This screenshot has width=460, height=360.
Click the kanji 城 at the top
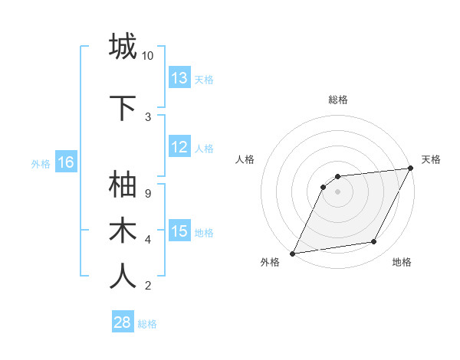[x=123, y=47]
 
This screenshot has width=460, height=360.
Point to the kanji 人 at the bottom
[x=123, y=277]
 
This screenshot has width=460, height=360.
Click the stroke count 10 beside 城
[x=148, y=56]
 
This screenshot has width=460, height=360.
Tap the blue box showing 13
[x=179, y=78]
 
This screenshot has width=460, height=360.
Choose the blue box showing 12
[x=179, y=148]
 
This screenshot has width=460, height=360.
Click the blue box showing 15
[x=179, y=231]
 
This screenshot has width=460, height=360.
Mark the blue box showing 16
[x=66, y=162]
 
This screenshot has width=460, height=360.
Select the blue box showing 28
[x=123, y=322]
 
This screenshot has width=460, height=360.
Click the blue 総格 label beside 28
[x=147, y=324]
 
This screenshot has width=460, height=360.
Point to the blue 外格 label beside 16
[x=41, y=163]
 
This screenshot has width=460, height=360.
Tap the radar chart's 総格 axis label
[x=338, y=100]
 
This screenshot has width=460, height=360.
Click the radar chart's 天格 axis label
[x=431, y=159]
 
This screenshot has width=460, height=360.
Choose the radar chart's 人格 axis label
[x=245, y=159]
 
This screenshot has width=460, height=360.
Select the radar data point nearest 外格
[x=292, y=253]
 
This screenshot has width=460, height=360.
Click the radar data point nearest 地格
[x=374, y=242]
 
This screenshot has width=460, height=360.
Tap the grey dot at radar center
[x=337, y=191]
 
